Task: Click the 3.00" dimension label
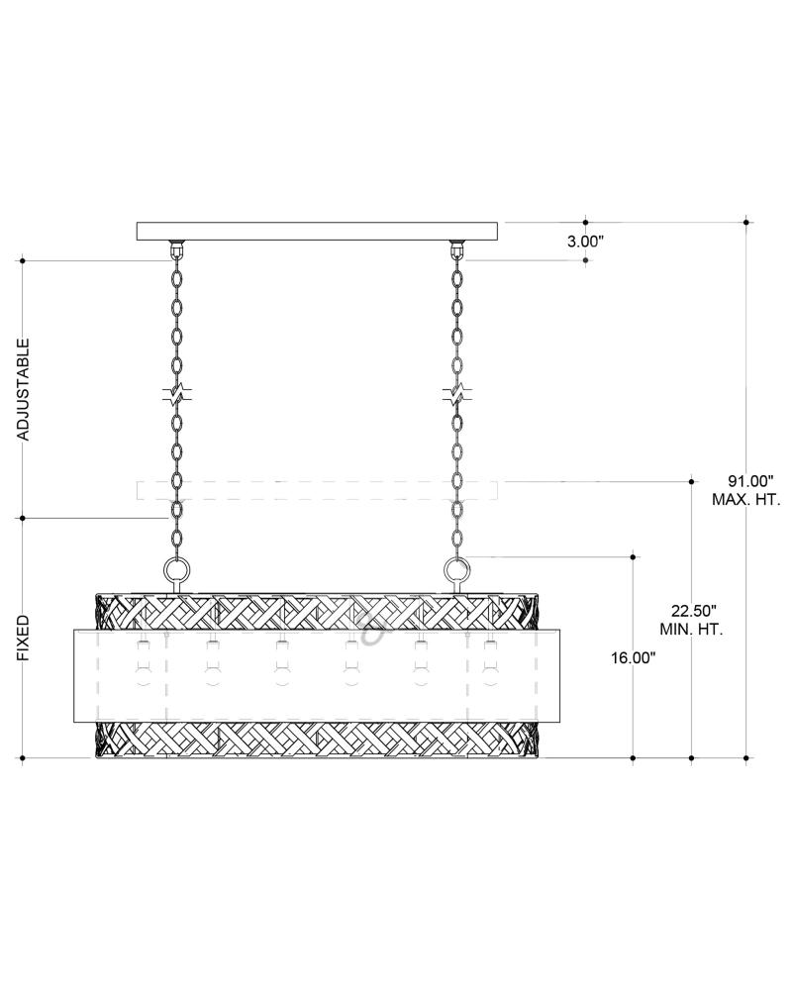[585, 242]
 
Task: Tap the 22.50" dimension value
[692, 611]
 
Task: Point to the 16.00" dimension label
[633, 658]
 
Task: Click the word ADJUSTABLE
[23, 389]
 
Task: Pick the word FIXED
[23, 638]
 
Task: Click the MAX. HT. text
[746, 499]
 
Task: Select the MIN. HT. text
[692, 630]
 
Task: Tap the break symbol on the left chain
[177, 396]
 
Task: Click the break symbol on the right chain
[456, 396]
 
